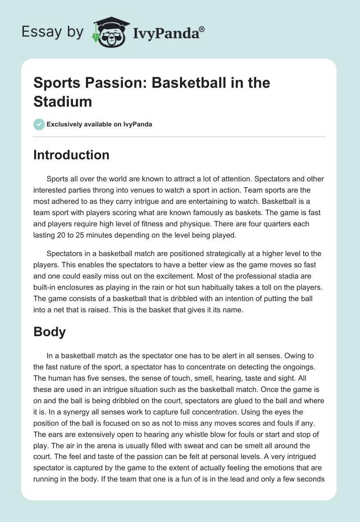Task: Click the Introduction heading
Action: point(72,155)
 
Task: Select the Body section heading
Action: point(49,332)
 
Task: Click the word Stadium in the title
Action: point(63,101)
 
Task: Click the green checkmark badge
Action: point(39,124)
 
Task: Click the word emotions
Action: point(279,467)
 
